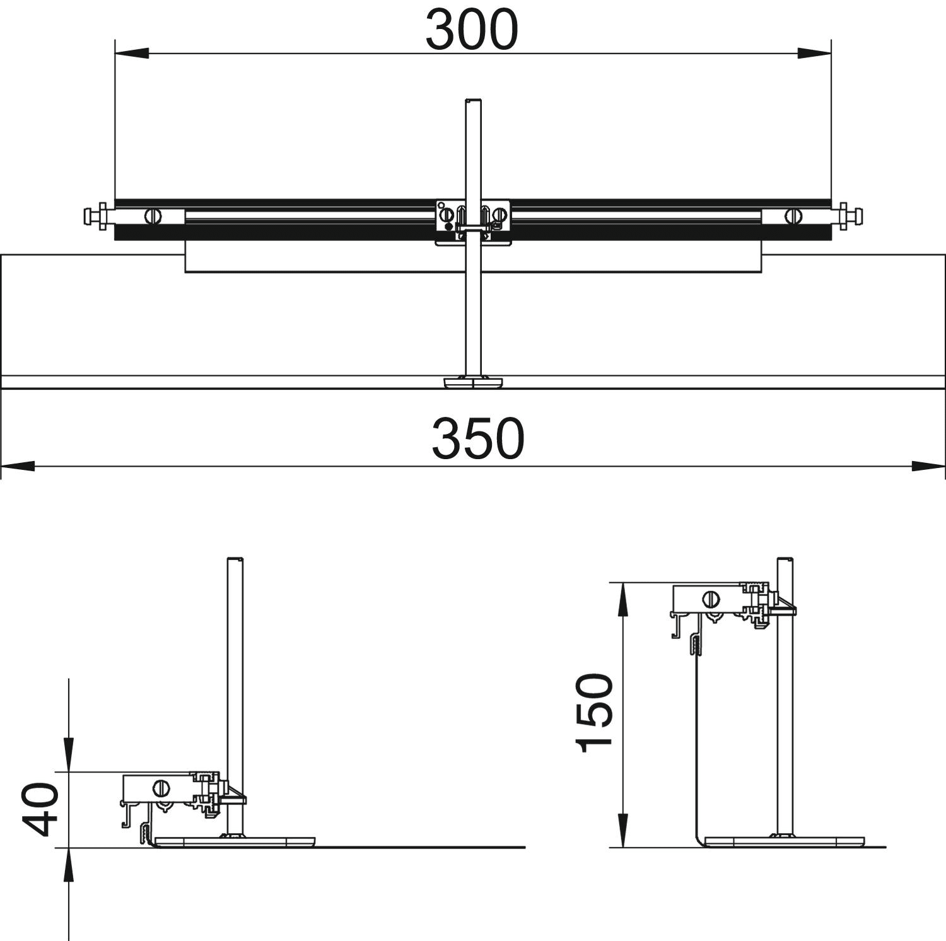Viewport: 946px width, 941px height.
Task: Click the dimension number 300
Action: (472, 30)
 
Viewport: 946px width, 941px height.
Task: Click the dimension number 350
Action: (477, 438)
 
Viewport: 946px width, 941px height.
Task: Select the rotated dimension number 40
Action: (40, 809)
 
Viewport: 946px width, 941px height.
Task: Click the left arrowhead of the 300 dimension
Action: (131, 53)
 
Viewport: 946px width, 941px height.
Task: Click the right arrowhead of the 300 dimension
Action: (814, 53)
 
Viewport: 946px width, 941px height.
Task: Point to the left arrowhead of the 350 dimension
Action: (18, 466)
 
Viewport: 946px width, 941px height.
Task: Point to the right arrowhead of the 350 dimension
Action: (928, 466)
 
